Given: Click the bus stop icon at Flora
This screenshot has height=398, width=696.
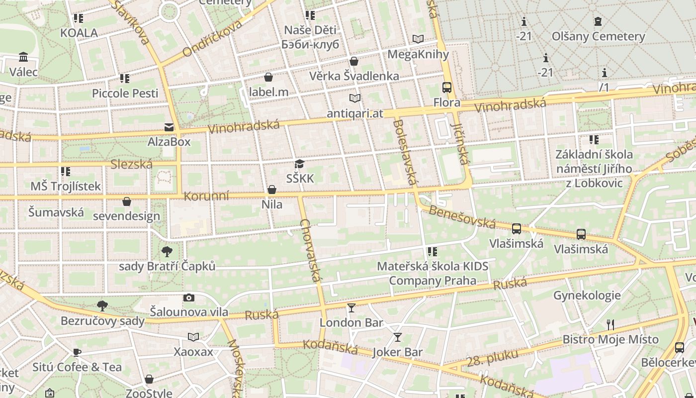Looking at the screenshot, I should (446, 88).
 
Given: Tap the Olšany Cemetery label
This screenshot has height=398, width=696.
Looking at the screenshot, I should (598, 36).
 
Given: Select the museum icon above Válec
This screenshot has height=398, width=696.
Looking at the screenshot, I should (23, 57).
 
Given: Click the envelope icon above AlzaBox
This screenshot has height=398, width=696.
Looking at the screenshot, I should (169, 127).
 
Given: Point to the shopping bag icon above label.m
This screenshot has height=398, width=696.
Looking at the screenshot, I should (268, 77).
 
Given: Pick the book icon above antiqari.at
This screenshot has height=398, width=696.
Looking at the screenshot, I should (354, 99).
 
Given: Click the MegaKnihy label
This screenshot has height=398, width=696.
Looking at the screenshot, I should (418, 54).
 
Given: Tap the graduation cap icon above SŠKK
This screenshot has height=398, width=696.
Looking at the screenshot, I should (299, 164).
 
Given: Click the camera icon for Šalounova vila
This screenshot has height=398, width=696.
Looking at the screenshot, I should (188, 298).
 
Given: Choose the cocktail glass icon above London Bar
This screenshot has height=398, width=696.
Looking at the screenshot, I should (351, 307).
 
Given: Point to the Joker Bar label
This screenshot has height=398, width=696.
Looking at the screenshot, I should (397, 352).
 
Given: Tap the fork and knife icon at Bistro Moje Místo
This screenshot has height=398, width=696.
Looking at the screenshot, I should (610, 325).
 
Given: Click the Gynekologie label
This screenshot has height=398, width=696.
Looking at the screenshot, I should (587, 296).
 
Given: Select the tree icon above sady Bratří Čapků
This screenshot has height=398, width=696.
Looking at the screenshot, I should (167, 251).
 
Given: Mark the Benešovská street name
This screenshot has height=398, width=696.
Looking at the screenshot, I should (462, 216).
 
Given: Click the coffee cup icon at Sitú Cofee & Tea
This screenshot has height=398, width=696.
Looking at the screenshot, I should (77, 353).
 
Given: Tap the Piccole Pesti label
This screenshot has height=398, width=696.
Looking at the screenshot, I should (125, 93).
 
